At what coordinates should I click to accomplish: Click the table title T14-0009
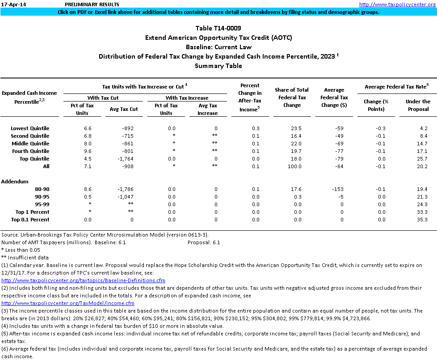tap(218, 29)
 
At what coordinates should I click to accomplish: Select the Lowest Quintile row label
tap(30, 128)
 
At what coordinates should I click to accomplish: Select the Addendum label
tap(15, 182)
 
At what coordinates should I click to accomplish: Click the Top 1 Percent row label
tap(32, 212)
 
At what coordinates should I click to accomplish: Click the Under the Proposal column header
tap(418, 105)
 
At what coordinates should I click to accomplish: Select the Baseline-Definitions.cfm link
tap(84, 280)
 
